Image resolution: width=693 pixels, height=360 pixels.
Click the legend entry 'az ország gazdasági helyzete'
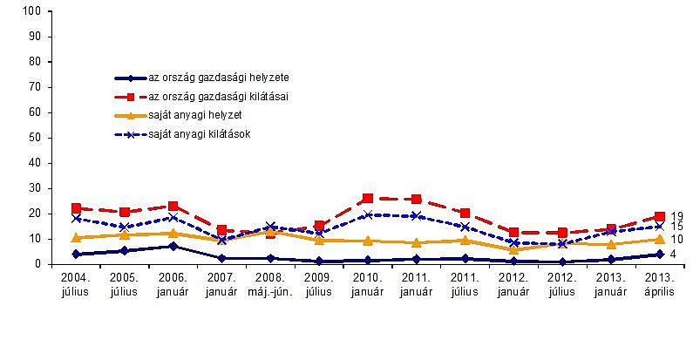pyautogui.click(x=219, y=78)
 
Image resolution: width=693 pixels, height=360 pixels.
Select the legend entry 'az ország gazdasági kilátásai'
pyautogui.click(x=219, y=96)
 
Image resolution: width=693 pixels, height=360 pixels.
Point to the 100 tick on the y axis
pyautogui.click(x=34, y=11)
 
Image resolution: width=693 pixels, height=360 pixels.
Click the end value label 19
pyautogui.click(x=676, y=216)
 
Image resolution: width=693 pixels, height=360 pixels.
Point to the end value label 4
pyautogui.click(x=674, y=255)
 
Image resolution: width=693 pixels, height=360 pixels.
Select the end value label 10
pyautogui.click(x=676, y=239)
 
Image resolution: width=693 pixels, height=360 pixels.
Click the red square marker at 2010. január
pyautogui.click(x=368, y=199)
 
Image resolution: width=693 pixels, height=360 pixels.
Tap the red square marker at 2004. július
pyautogui.click(x=76, y=208)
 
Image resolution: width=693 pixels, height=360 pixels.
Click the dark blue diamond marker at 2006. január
pyautogui.click(x=173, y=246)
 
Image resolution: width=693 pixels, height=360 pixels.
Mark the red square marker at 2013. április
pyautogui.click(x=660, y=216)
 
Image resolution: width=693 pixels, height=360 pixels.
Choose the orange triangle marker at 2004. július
pyautogui.click(x=76, y=237)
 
